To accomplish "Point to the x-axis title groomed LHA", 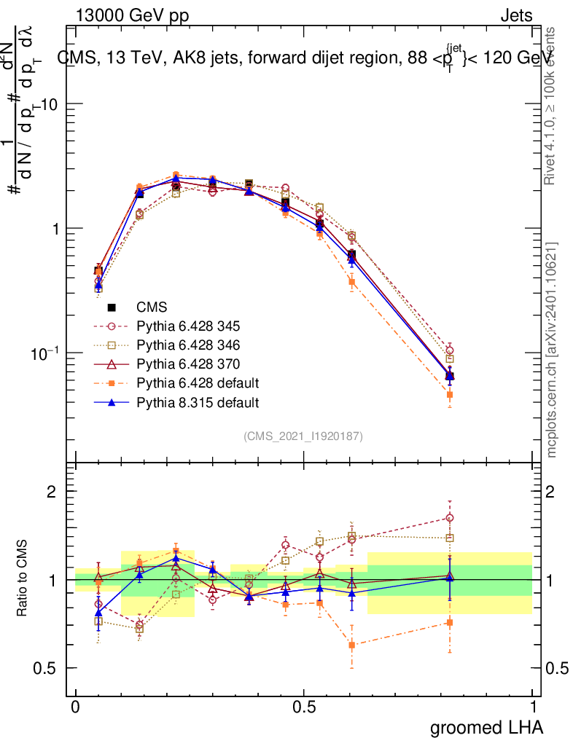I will [x=487, y=727].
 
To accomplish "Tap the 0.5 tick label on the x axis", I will [x=304, y=707].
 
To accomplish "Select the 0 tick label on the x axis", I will [x=76, y=707].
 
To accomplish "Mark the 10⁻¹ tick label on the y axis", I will [x=45, y=352].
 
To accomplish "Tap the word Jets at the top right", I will [x=515, y=15].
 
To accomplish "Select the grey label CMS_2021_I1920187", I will [x=303, y=436].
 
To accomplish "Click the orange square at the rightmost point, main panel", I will [x=450, y=395].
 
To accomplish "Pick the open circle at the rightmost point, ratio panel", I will [x=450, y=518].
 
